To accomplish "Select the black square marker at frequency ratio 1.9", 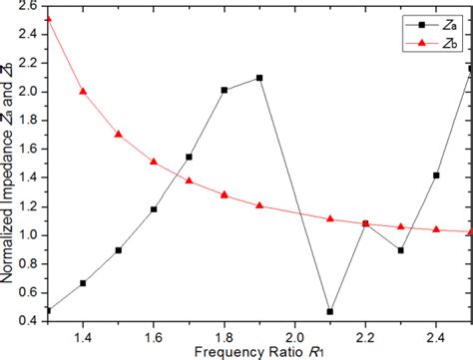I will [x=259, y=78].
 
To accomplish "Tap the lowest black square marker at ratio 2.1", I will [x=330, y=311].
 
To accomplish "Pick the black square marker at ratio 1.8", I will [x=224, y=90].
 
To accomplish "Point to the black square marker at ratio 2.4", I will [x=436, y=176].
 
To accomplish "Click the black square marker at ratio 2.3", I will [x=400, y=250].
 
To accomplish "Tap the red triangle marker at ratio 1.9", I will [x=259, y=205].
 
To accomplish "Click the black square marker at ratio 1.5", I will [x=119, y=250].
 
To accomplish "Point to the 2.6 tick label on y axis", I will [x=29, y=6].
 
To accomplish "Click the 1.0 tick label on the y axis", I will [x=29, y=235].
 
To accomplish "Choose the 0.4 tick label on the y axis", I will [x=29, y=321].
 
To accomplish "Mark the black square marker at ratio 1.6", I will [x=154, y=209].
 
